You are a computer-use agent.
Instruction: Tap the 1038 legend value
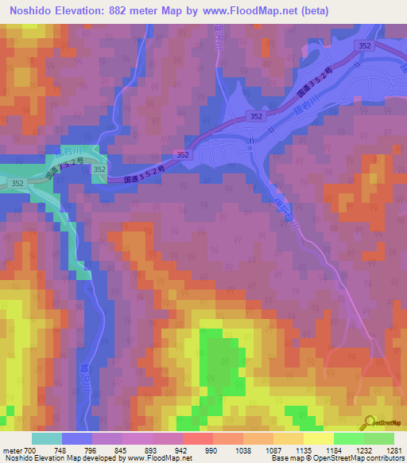click(x=244, y=449)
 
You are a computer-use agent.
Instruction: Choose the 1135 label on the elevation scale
click(x=304, y=449)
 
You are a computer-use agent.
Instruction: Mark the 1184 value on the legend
click(x=333, y=449)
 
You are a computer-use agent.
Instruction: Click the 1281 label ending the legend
click(x=393, y=449)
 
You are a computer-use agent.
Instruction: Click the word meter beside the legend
click(x=11, y=449)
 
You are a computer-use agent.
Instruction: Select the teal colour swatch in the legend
click(x=47, y=438)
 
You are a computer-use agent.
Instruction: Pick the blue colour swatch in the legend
click(x=77, y=438)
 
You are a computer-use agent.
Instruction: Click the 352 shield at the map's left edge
click(x=17, y=184)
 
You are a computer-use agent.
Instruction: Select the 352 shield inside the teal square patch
click(x=99, y=169)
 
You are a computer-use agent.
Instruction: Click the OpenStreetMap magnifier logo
click(x=369, y=423)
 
